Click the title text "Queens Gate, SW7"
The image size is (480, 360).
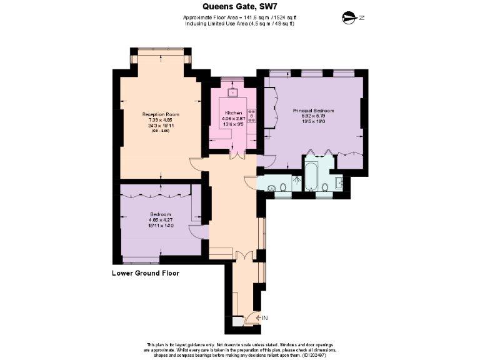point(240,6)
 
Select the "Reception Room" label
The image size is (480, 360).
point(161,114)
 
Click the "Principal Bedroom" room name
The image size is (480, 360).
point(313,110)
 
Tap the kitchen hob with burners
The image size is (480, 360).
point(252,116)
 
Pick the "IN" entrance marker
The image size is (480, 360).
point(264,318)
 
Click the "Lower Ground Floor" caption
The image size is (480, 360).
point(146,273)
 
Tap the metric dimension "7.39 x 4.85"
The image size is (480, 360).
point(161,120)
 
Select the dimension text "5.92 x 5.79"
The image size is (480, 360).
point(313,116)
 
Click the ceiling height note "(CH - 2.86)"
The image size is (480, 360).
point(161,131)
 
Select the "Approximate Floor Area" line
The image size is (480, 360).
point(239,17)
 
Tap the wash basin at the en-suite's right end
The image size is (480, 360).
point(338,183)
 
